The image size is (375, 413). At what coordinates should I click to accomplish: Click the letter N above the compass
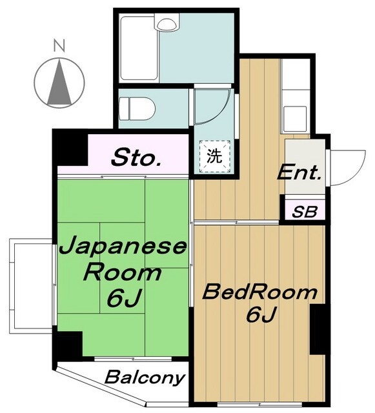[59, 46]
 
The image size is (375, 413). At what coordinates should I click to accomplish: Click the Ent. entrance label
[299, 172]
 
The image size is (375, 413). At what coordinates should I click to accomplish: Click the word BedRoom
[260, 292]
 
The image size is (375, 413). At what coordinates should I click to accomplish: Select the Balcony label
[145, 377]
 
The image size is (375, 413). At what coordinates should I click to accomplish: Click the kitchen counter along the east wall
[298, 97]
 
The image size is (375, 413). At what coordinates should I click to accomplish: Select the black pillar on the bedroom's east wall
[318, 329]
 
